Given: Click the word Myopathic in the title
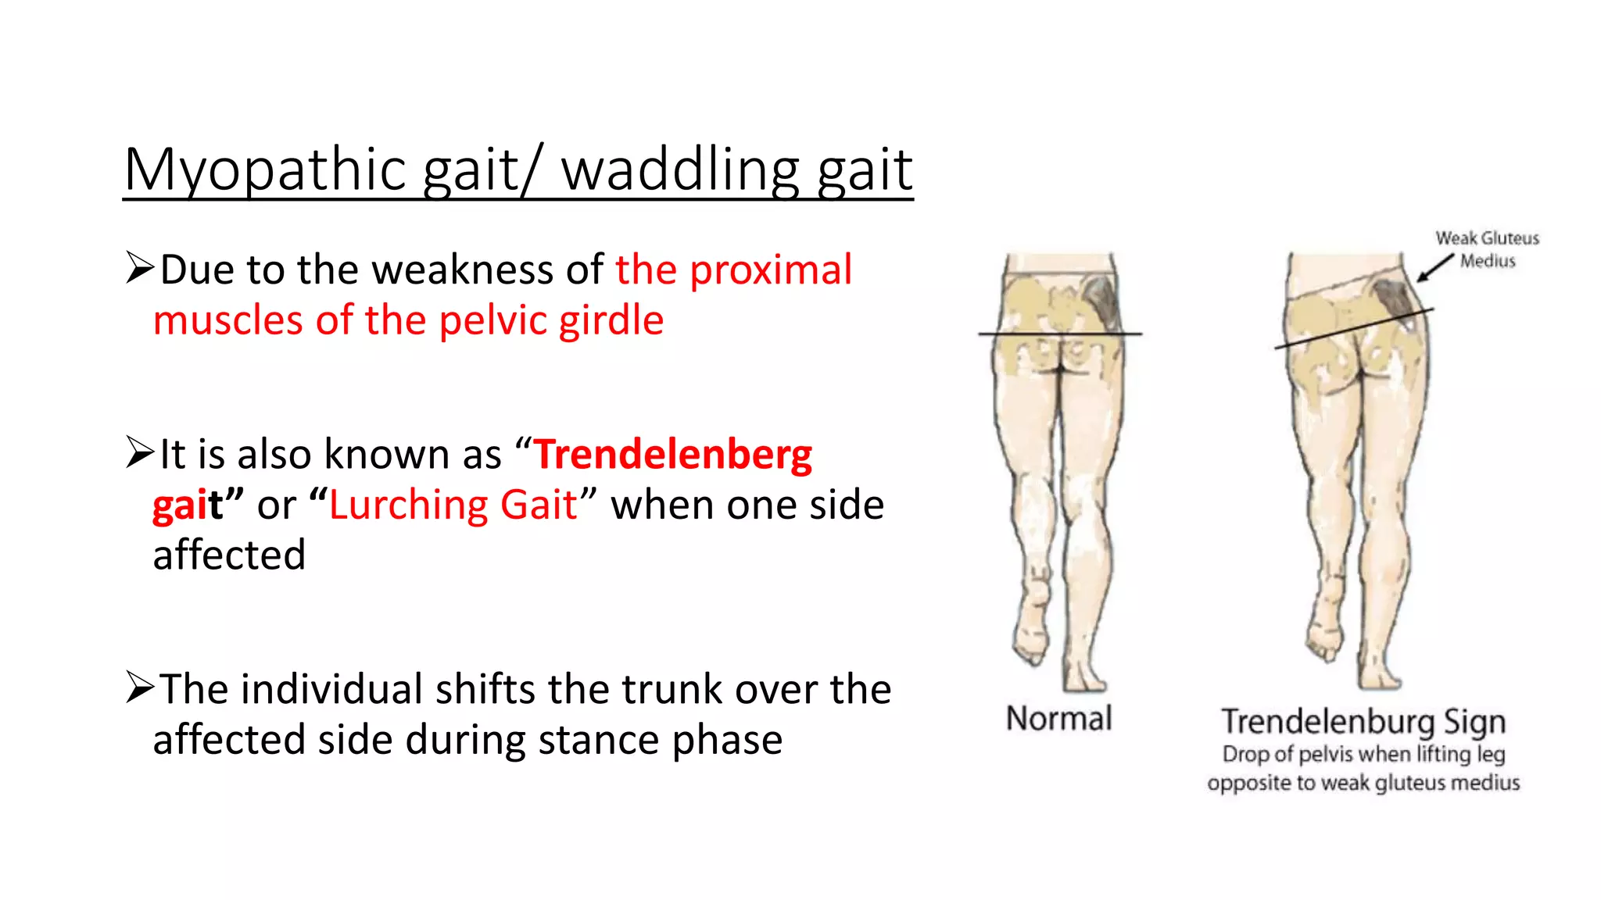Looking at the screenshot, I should click(265, 170).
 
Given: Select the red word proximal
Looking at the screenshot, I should click(771, 270).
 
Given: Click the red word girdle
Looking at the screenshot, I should click(607, 321).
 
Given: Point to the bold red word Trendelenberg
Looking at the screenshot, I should click(674, 455).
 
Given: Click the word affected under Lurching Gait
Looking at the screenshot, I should click(229, 555).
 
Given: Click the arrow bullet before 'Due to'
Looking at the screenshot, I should click(140, 268).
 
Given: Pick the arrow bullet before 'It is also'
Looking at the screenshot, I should click(140, 452).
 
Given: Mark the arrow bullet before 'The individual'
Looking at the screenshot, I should click(140, 687).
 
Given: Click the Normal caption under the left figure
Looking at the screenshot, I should click(1058, 719).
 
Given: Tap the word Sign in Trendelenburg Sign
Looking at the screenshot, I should click(1474, 722).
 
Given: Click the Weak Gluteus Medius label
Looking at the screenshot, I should click(1487, 249).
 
